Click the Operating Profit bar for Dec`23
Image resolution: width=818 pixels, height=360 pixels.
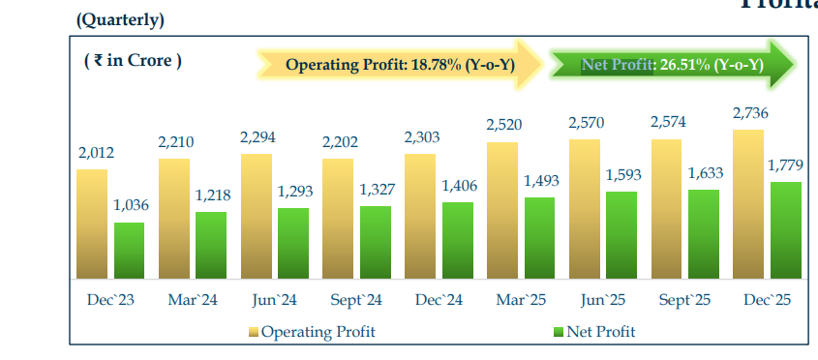click(x=92, y=224)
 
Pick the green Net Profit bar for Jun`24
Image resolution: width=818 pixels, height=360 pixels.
click(x=293, y=242)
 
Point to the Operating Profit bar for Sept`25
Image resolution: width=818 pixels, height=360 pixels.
click(x=667, y=208)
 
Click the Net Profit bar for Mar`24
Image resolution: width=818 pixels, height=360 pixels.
click(x=211, y=245)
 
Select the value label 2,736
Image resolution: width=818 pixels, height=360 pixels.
click(x=750, y=114)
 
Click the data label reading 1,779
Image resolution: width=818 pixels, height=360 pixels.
click(x=784, y=165)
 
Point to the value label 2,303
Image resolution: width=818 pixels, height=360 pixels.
click(x=421, y=137)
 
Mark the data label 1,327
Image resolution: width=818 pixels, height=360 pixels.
click(x=376, y=189)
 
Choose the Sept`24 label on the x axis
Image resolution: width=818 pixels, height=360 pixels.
click(x=357, y=300)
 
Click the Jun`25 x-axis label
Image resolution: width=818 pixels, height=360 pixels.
click(x=603, y=300)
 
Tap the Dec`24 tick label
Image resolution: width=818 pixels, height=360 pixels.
click(x=439, y=300)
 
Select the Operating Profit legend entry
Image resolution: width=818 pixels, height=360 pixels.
click(x=312, y=332)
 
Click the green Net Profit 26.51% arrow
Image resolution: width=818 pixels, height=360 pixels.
click(x=673, y=65)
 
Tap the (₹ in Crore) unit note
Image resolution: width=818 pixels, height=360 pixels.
click(x=133, y=60)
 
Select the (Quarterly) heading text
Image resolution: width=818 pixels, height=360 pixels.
click(x=119, y=19)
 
